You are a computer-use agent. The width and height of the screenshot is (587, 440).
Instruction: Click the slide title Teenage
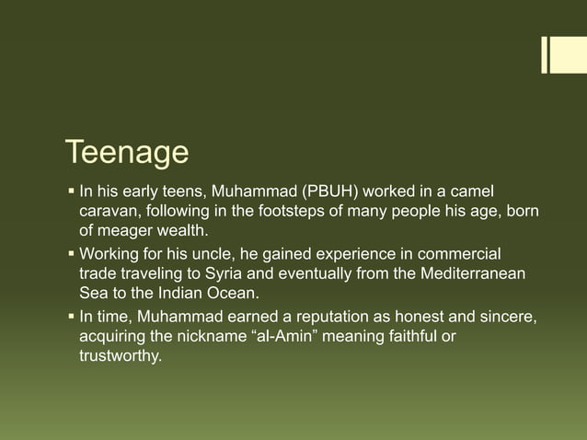pyautogui.click(x=126, y=154)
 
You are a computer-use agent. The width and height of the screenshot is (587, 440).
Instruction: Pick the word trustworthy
pyautogui.click(x=120, y=356)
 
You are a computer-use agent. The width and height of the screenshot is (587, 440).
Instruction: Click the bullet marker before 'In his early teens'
pyautogui.click(x=71, y=192)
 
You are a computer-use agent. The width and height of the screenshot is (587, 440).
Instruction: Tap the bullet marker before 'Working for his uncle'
pyautogui.click(x=71, y=253)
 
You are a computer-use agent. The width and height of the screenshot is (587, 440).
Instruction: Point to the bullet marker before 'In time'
pyautogui.click(x=71, y=316)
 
